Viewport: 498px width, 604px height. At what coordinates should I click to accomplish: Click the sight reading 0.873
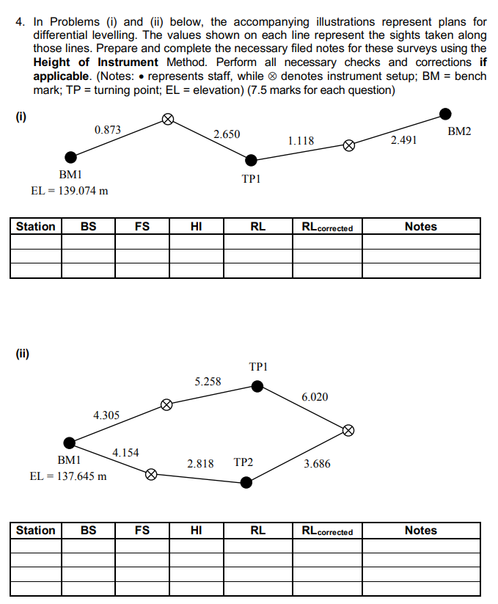[108, 130]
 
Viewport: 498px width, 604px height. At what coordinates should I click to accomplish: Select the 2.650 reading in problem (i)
[227, 134]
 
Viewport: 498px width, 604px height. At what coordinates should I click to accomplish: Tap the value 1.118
[301, 141]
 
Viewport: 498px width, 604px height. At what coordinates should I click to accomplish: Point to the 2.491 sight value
[404, 139]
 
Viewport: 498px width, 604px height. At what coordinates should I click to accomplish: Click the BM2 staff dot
[445, 113]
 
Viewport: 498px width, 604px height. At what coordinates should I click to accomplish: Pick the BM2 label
[460, 131]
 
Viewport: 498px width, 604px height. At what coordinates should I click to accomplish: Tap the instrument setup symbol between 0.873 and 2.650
[167, 119]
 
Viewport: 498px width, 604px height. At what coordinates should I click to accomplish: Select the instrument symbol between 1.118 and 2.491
[349, 146]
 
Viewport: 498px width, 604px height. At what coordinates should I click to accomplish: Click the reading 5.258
[208, 382]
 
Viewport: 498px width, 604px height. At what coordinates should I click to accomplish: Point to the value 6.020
[315, 397]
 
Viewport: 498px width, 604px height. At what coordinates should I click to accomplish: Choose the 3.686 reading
[317, 464]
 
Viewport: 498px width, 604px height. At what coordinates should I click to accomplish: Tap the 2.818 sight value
[200, 464]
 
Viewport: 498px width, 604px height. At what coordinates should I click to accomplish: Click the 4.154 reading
[125, 452]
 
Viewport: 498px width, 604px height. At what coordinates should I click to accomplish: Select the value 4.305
[106, 415]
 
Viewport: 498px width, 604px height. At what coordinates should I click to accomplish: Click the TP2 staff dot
[246, 482]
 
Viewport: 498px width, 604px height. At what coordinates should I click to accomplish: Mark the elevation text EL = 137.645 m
[68, 476]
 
